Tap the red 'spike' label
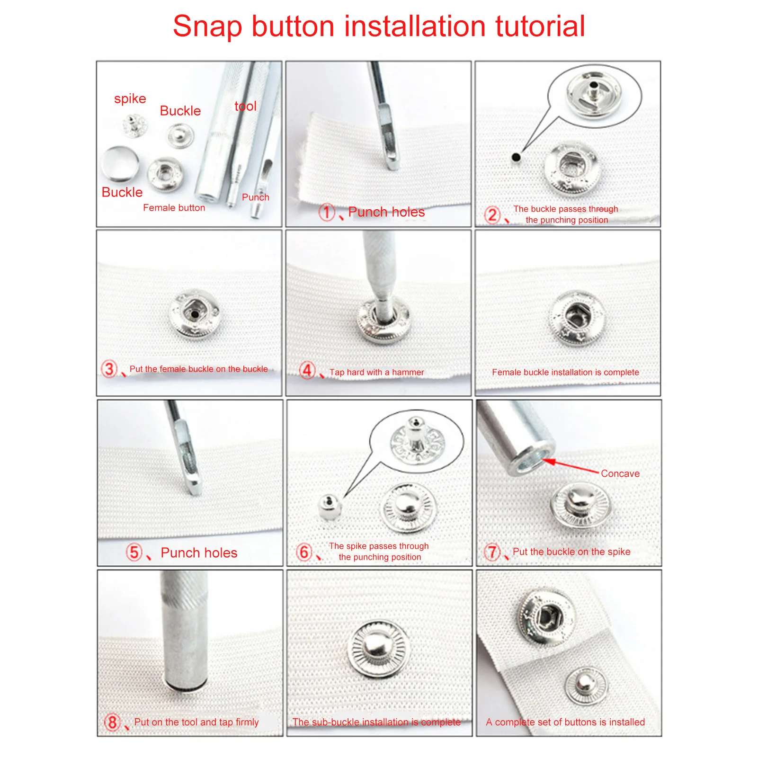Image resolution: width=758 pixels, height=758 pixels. [x=130, y=98]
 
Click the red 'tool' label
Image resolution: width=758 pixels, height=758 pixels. [x=245, y=106]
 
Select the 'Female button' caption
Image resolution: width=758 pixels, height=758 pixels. [x=174, y=207]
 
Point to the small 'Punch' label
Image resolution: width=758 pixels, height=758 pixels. [x=255, y=197]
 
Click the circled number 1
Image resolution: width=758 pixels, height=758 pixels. [x=327, y=212]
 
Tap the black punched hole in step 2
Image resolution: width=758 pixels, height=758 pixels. [x=516, y=157]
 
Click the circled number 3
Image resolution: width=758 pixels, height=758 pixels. [x=109, y=369]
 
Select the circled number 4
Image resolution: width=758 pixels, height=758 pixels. [x=307, y=370]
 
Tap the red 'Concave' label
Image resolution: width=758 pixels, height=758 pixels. [x=620, y=473]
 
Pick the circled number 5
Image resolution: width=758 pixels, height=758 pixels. [x=134, y=552]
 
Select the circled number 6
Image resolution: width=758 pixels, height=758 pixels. [x=304, y=552]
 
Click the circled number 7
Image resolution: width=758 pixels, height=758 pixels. [x=492, y=552]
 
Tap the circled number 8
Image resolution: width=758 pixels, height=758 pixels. [x=112, y=722]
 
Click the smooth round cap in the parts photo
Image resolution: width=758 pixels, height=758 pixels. [x=120, y=164]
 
